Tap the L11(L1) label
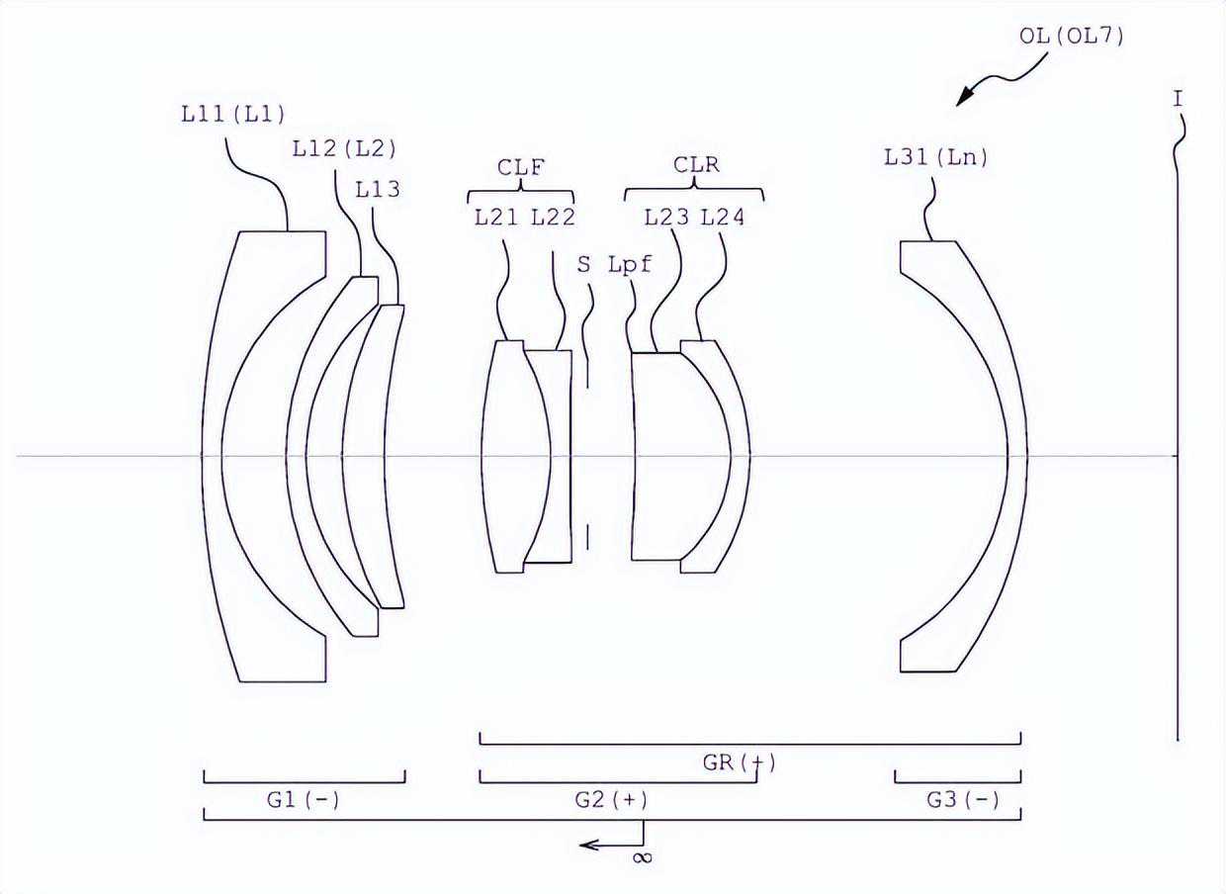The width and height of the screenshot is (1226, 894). pos(233,115)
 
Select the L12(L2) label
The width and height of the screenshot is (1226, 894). pos(344,148)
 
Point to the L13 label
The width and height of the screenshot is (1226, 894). pos(378,190)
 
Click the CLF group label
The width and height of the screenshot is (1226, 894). pos(520,167)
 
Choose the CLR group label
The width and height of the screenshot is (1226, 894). pos(696,165)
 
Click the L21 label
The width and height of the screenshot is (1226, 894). pos(496,218)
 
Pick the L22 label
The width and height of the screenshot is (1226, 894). pos(553,218)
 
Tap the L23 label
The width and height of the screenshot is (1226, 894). pos(666,218)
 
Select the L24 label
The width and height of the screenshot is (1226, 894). pos(723,218)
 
